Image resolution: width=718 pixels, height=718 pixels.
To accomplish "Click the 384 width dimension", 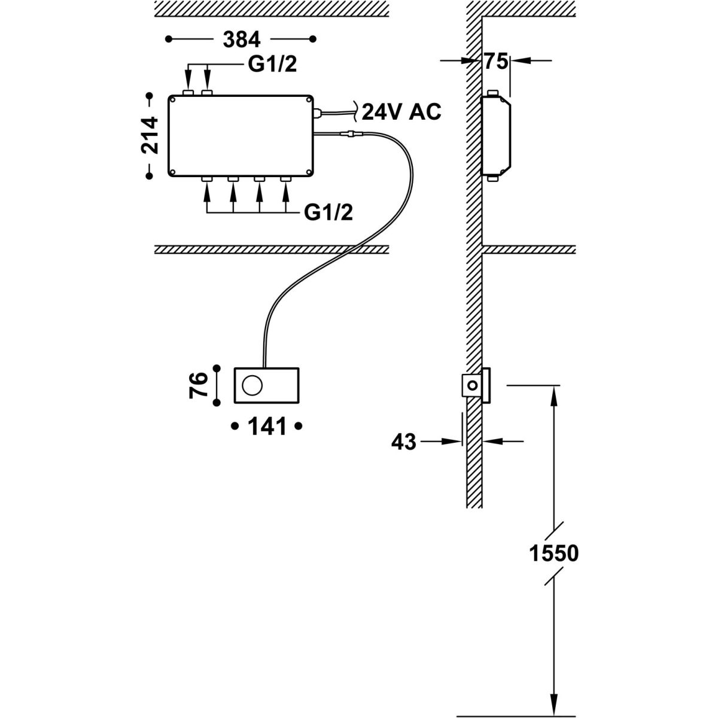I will [242, 40].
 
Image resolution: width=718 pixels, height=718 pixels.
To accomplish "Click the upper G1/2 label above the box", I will [272, 65].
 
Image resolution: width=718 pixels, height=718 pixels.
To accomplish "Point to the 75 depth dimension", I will [496, 61].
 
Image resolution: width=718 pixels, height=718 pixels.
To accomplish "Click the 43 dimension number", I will [403, 443].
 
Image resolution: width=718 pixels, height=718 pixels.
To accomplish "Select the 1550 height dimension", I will [555, 553].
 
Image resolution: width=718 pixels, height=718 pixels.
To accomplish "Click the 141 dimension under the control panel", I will [266, 427].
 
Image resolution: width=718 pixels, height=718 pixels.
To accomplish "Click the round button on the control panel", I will [251, 385].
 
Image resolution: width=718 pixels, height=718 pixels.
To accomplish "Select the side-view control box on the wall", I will [497, 136].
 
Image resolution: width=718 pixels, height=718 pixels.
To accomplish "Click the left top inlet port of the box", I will [188, 93].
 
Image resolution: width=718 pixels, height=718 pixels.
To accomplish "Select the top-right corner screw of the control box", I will [308, 99].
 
